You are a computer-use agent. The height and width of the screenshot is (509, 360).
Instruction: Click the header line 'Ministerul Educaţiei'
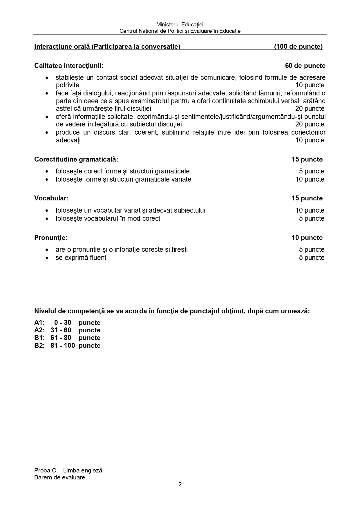pyautogui.click(x=180, y=25)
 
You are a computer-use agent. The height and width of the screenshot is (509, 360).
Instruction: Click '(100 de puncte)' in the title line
pyautogui.click(x=298, y=47)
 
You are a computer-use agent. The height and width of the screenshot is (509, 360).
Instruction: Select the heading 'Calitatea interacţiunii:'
pyautogui.click(x=69, y=66)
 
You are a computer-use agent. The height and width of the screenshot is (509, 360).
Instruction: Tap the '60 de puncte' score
pyautogui.click(x=305, y=66)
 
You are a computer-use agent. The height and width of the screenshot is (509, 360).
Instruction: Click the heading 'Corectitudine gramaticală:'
pyautogui.click(x=76, y=160)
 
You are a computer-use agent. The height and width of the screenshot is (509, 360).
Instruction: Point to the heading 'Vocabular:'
pyautogui.click(x=51, y=198)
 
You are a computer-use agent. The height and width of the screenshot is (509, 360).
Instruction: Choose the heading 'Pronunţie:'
pyautogui.click(x=51, y=238)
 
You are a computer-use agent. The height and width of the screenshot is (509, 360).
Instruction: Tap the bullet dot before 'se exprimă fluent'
pyautogui.click(x=47, y=258)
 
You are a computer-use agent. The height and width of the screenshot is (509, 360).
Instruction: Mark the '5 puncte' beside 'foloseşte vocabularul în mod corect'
pyautogui.click(x=312, y=218)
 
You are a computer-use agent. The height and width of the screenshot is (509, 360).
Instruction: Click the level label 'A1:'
pyautogui.click(x=39, y=323)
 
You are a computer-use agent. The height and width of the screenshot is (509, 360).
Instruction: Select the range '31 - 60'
pyautogui.click(x=61, y=330)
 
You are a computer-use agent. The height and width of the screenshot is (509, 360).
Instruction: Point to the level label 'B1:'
pyautogui.click(x=39, y=338)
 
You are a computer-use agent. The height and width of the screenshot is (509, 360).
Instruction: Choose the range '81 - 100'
pyautogui.click(x=62, y=346)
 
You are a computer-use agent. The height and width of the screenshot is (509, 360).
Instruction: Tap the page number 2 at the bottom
pyautogui.click(x=180, y=485)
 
